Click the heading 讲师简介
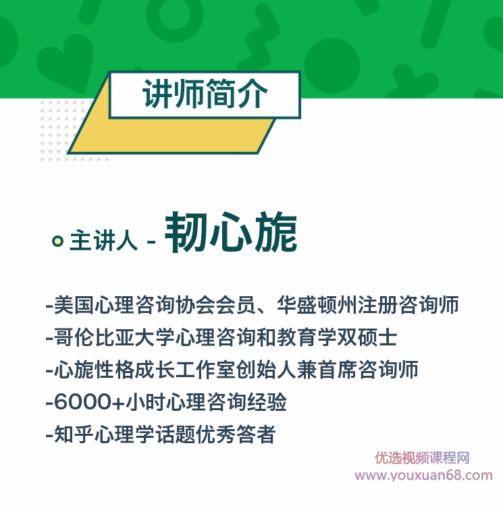pyautogui.click(x=205, y=94)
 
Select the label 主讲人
pyautogui.click(x=103, y=241)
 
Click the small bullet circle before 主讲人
pyautogui.click(x=58, y=241)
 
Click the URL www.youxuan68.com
pyautogui.click(x=423, y=476)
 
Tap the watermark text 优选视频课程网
pyautogui.click(x=422, y=458)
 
